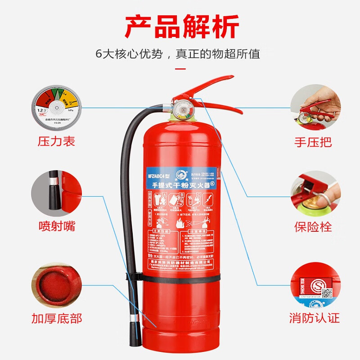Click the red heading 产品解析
pyautogui.click(x=181, y=27)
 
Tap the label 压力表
pyautogui.click(x=56, y=142)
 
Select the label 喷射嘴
pyautogui.click(x=56, y=225)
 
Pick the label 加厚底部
pyautogui.click(x=57, y=319)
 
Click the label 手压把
pyautogui.click(x=313, y=142)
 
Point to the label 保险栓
pyautogui.click(x=313, y=226)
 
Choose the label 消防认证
pyautogui.click(x=314, y=319)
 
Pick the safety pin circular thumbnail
pyautogui.click(x=313, y=191)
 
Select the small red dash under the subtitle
pyautogui.click(x=180, y=69)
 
